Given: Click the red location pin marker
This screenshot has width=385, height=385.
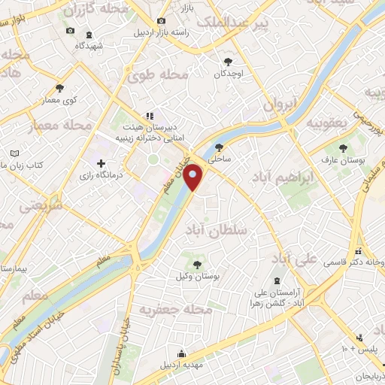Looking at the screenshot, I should [x=194, y=176].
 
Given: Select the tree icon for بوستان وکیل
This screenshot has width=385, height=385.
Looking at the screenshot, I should [x=196, y=264].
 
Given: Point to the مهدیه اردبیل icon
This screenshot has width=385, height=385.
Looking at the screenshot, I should [x=181, y=353].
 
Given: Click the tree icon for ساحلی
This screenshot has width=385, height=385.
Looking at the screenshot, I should [x=219, y=147].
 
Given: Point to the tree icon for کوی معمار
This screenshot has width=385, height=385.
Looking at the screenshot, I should [x=59, y=88].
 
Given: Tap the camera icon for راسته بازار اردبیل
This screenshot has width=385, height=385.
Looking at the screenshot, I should [x=160, y=22].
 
